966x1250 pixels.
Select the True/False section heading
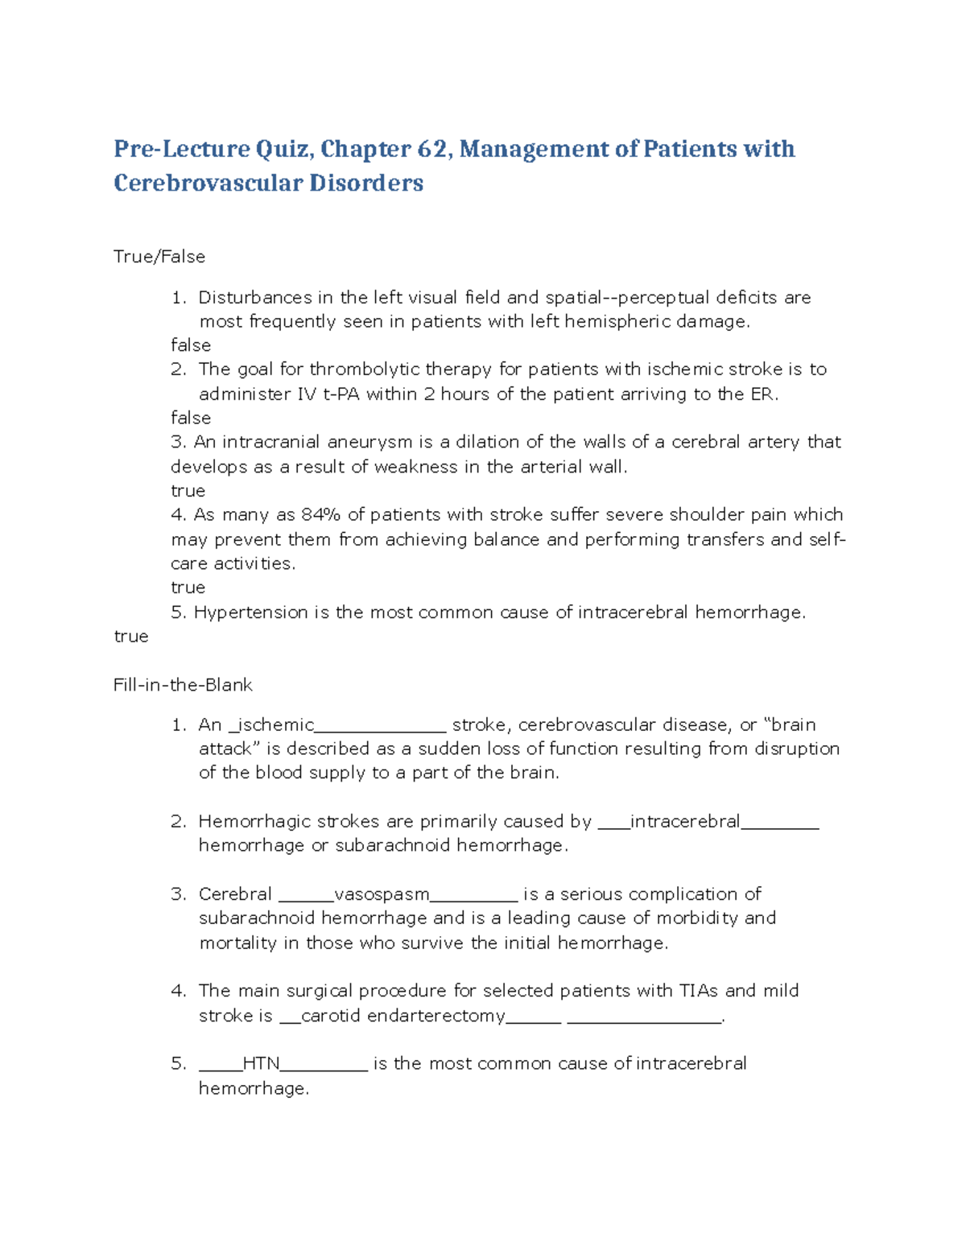pos(159,257)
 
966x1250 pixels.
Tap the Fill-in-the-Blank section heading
pos(183,685)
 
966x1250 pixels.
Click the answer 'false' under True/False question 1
pos(191,345)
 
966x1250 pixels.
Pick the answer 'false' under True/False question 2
pos(191,418)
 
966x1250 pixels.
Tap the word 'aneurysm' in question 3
pos(379,442)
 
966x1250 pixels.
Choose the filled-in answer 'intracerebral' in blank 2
pos(684,822)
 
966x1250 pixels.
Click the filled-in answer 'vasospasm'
pos(381,894)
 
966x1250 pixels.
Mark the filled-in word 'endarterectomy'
pos(436,1016)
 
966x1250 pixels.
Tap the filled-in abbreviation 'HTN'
pos(261,1064)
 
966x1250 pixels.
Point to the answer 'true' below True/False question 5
pos(131,637)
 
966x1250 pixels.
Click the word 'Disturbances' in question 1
pos(255,298)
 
